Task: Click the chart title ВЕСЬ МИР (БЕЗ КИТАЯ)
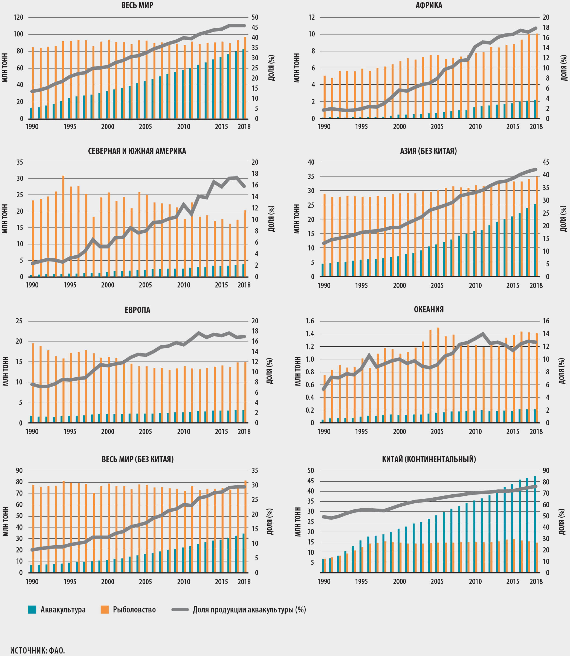[137, 459]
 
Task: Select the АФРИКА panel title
[429, 5]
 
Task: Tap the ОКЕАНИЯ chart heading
[429, 309]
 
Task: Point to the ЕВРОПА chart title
[137, 310]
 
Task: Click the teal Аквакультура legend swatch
[32, 609]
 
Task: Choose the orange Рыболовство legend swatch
[104, 609]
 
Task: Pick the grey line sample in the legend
[180, 609]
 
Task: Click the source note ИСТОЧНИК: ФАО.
[37, 650]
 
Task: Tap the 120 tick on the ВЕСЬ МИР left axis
[18, 17]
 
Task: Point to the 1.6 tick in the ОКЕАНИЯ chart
[310, 321]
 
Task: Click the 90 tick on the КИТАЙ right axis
[546, 471]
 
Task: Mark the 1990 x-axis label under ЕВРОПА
[32, 432]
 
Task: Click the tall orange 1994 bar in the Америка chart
[63, 226]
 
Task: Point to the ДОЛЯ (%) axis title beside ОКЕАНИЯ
[562, 371]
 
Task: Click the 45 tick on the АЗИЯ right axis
[546, 162]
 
